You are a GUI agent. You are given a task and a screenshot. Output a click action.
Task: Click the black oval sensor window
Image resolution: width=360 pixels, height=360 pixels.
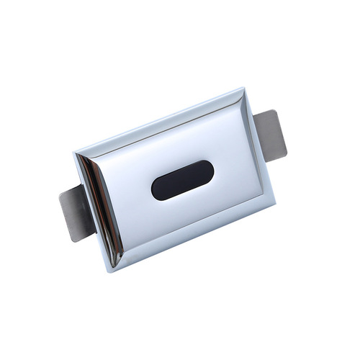[182, 180]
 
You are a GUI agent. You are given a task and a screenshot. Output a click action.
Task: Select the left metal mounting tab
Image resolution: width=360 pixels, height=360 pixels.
[78, 212]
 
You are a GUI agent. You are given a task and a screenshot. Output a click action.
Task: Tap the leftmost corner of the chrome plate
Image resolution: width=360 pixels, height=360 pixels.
[74, 154]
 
